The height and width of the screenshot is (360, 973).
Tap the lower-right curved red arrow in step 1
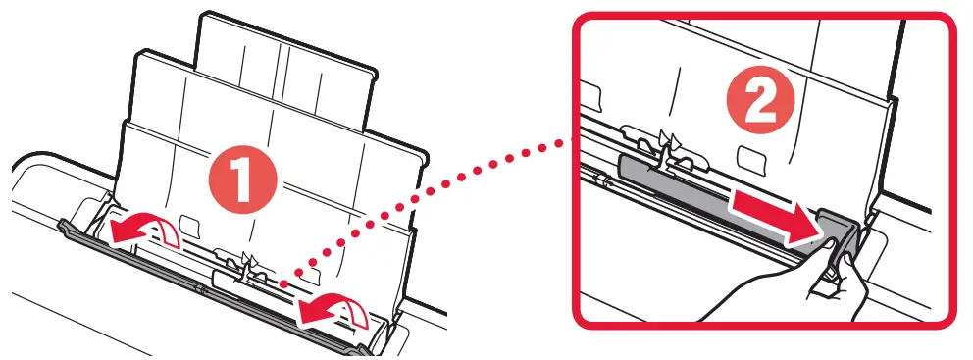pyautogui.click(x=338, y=311)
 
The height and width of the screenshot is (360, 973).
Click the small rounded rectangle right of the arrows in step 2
pyautogui.click(x=751, y=157)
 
